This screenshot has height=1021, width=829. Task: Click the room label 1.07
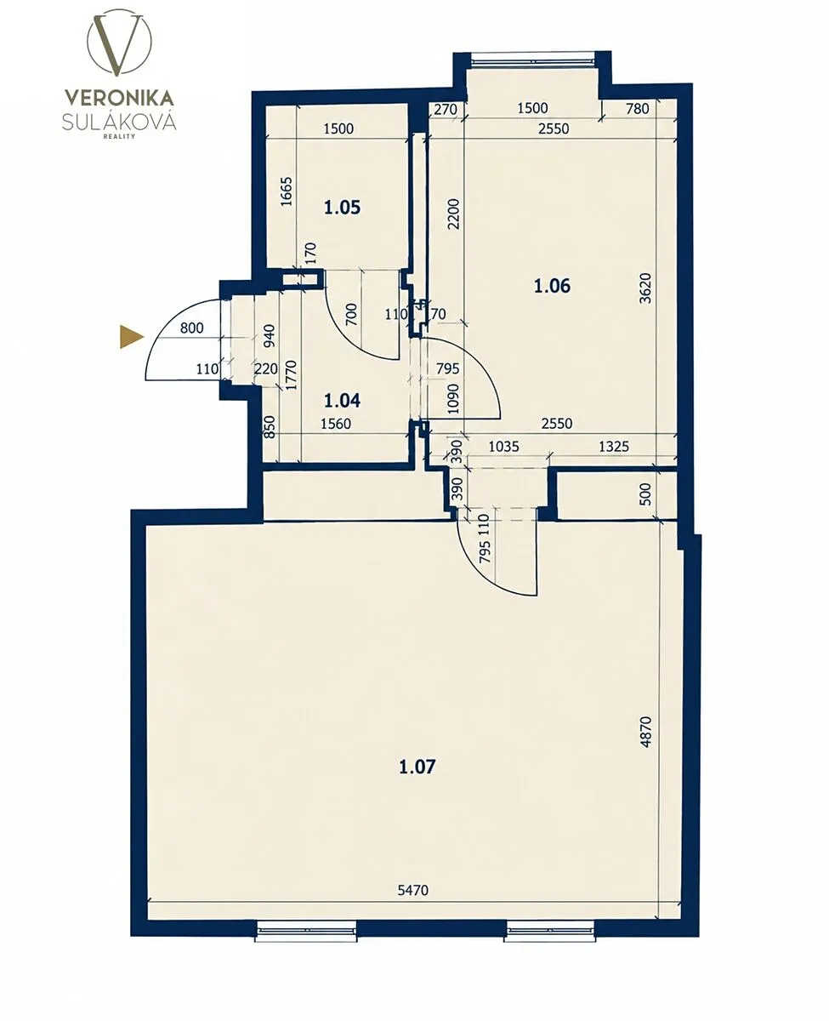[x=417, y=767]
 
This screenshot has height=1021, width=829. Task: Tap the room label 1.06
[x=552, y=286]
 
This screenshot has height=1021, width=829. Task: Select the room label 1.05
[x=342, y=208]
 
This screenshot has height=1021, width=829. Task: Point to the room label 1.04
[x=342, y=400]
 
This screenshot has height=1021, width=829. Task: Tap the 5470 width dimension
[x=413, y=890]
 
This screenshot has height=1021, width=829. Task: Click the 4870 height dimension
[x=645, y=732]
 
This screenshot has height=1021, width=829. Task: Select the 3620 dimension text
[x=645, y=288]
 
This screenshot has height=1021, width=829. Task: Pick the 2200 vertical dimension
[x=453, y=214]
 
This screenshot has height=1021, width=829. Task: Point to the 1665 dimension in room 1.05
[x=287, y=191]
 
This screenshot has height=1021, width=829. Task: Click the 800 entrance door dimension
[x=191, y=328]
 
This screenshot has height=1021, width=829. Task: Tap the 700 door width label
[x=351, y=315]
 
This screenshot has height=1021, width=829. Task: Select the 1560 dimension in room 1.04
[x=336, y=424]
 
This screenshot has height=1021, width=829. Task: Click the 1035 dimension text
[x=503, y=447]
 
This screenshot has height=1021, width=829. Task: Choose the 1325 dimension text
[x=614, y=447]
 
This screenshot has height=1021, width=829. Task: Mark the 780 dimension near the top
[x=638, y=109]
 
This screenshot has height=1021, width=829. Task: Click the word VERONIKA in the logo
[x=119, y=98]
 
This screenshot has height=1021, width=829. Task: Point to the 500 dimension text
[x=645, y=494]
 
